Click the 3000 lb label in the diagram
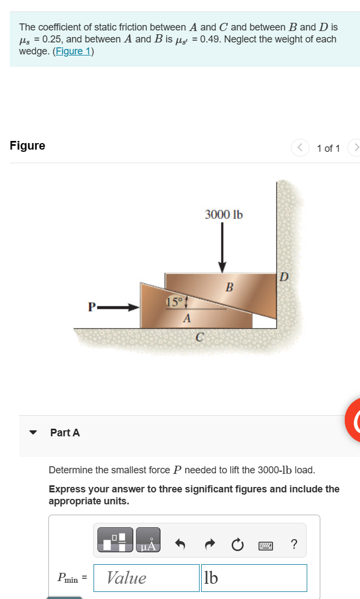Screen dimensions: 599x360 224,214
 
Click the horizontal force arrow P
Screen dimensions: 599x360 120,307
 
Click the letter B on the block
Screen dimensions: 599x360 229,286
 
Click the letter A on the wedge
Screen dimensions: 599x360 187,318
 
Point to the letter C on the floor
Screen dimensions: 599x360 200,338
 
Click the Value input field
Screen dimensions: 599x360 146,577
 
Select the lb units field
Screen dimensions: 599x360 254,577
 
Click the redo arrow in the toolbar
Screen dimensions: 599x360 211,544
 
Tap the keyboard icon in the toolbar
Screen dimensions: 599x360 266,544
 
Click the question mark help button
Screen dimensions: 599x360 294,544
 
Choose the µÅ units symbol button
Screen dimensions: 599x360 148,540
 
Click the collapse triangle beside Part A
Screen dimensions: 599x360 33,433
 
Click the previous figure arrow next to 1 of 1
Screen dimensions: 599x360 300,148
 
